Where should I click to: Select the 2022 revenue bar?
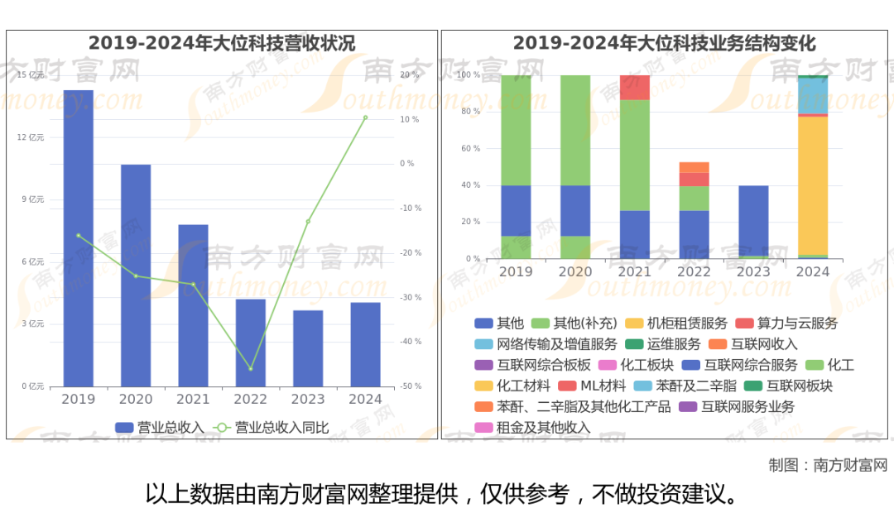click(250, 343)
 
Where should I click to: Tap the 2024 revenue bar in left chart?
click(365, 344)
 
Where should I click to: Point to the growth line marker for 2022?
click(251, 369)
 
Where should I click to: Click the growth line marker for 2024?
click(365, 117)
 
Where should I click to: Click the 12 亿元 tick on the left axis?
click(31, 137)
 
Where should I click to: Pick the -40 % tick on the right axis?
click(411, 342)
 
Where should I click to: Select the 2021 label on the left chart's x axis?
click(193, 400)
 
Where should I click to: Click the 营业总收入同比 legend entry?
click(272, 428)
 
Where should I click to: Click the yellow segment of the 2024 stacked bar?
click(813, 185)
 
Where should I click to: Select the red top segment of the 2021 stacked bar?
click(635, 87)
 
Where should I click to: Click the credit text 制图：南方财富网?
click(827, 465)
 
